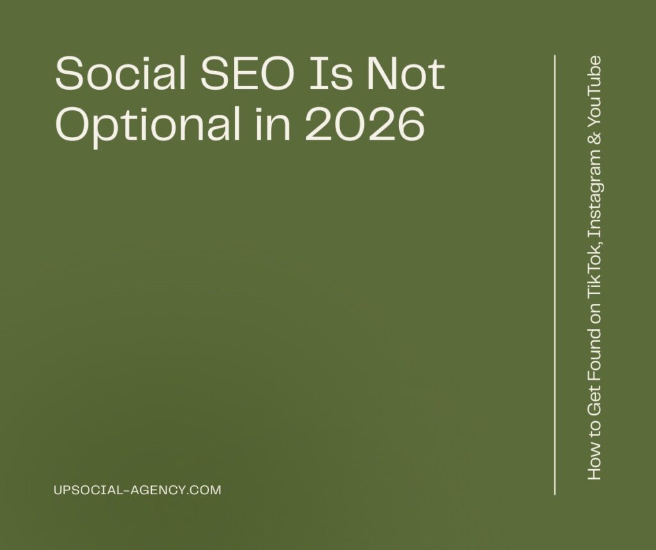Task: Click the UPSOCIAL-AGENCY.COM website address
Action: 138,490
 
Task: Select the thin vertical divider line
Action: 554,276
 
